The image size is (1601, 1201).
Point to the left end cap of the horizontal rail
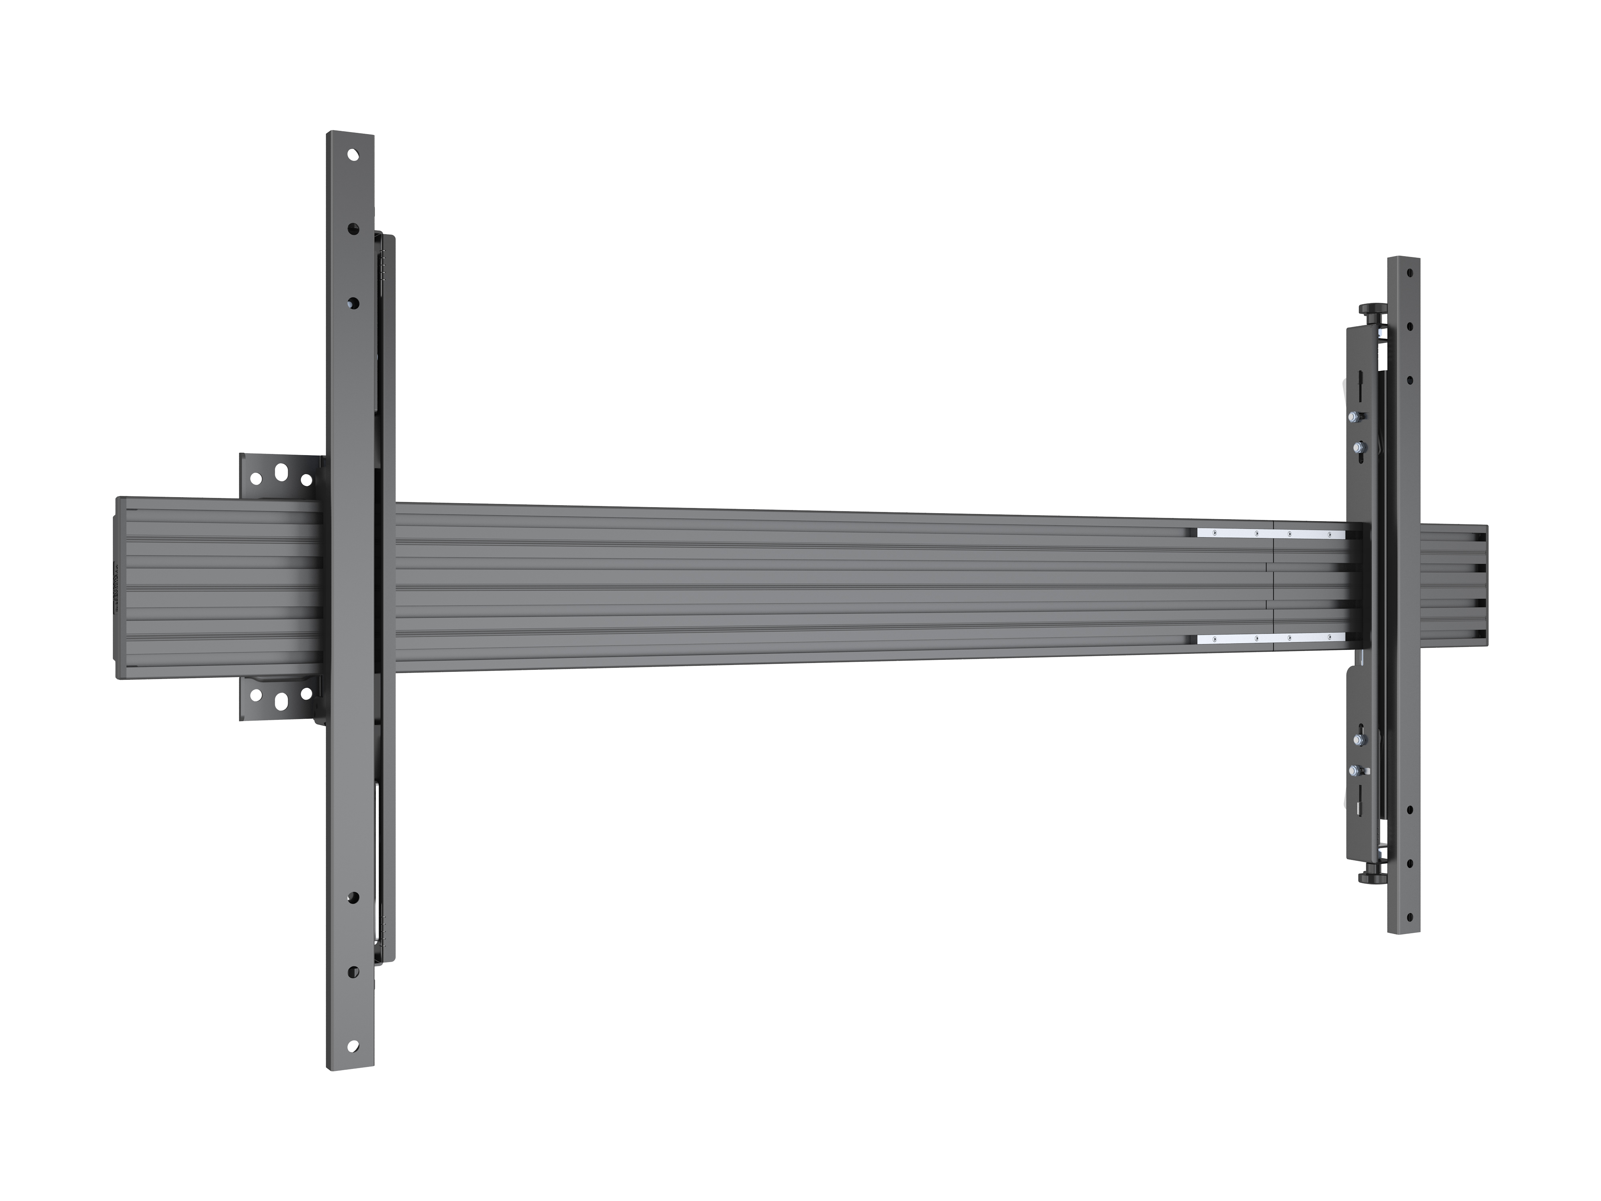pos(118,587)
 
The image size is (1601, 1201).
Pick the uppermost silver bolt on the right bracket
pos(1352,417)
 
